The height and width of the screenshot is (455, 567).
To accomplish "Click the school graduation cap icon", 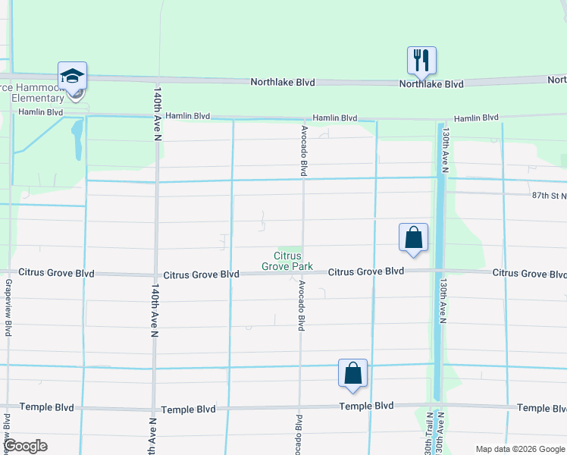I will [x=73, y=76].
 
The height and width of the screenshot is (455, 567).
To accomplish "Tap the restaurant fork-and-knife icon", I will [x=420, y=59].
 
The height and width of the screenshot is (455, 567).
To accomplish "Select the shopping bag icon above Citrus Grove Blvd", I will [x=413, y=237].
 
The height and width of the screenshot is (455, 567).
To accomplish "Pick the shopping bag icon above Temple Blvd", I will [x=352, y=373].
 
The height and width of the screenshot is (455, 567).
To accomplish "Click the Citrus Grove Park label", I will [x=282, y=261].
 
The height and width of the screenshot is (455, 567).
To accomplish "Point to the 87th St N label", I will [x=549, y=196].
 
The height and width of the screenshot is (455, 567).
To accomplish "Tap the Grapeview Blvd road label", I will [x=8, y=307].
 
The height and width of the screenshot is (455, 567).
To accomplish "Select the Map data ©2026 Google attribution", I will [x=519, y=449].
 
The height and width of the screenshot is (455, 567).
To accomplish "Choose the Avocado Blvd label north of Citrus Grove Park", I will [x=304, y=151].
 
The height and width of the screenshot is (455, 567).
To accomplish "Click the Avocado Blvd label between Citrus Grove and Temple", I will [x=301, y=306].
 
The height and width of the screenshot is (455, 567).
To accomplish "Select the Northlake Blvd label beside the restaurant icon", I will [x=431, y=84].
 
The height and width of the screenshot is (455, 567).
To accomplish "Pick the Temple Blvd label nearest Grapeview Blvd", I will [x=47, y=407].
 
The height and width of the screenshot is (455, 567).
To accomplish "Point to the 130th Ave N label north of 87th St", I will [x=447, y=152].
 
